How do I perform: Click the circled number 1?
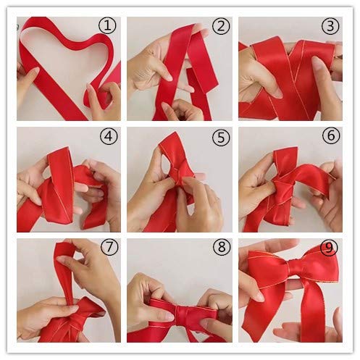pyautogui.click(x=107, y=26)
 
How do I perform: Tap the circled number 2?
pyautogui.click(x=220, y=28)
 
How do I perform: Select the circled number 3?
pyautogui.click(x=331, y=27)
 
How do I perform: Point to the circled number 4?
pyautogui.click(x=108, y=137)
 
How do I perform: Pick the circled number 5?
pyautogui.click(x=219, y=137)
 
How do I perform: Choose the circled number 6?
pyautogui.click(x=330, y=137)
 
